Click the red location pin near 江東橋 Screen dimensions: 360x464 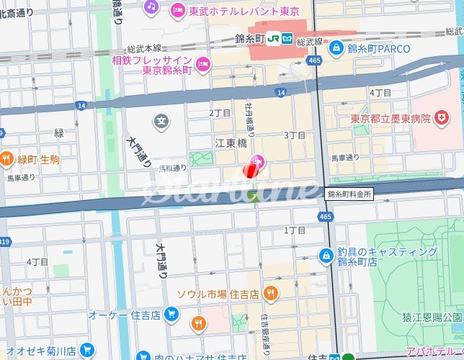click(x=249, y=169)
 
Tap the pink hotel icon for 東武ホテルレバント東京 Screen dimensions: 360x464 click(x=177, y=10)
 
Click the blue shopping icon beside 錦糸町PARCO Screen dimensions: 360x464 click(x=336, y=48)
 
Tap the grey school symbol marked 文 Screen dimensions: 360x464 click(x=162, y=120)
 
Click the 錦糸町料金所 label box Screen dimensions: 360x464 click(x=349, y=194)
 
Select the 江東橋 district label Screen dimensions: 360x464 click(x=230, y=144)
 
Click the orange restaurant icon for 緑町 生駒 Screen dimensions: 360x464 click(x=6, y=158)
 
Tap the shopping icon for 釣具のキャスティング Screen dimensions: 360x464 click(x=326, y=256)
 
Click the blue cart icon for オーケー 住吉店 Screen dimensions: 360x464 click(x=171, y=314)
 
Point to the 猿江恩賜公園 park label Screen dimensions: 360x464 click(x=432, y=317)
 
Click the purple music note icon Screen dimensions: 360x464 click(x=151, y=6)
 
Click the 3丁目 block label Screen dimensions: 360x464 click(x=296, y=135)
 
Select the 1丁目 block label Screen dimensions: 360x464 click(x=295, y=230)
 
